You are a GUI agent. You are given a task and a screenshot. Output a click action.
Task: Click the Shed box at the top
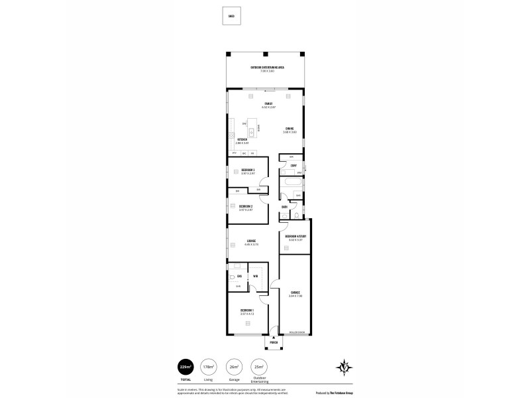(x=231, y=17)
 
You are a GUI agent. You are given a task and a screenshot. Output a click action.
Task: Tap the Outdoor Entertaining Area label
(x=267, y=68)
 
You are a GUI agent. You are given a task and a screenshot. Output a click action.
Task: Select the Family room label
(x=268, y=104)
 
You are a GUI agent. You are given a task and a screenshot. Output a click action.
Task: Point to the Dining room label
(x=290, y=129)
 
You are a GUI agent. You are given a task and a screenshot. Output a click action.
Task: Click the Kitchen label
(x=242, y=140)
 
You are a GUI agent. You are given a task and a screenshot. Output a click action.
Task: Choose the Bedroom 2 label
(x=246, y=206)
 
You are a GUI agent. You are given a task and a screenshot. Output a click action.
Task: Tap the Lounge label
(x=251, y=241)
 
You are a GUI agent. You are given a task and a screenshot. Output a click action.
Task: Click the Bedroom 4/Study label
(x=295, y=237)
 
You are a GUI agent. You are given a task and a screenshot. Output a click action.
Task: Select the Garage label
(x=295, y=293)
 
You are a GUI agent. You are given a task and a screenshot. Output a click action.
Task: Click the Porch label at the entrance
(x=273, y=343)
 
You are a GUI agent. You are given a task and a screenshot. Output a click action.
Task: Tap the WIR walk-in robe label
(x=255, y=276)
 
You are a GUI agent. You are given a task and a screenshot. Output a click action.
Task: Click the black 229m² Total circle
(x=185, y=367)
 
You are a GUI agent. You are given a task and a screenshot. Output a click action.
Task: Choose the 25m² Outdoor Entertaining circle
(x=260, y=367)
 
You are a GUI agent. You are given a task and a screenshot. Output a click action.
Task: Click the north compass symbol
(x=344, y=367)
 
